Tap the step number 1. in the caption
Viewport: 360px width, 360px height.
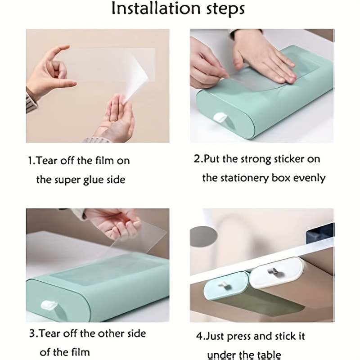point(31,160)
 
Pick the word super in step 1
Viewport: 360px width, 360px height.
point(65,180)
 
